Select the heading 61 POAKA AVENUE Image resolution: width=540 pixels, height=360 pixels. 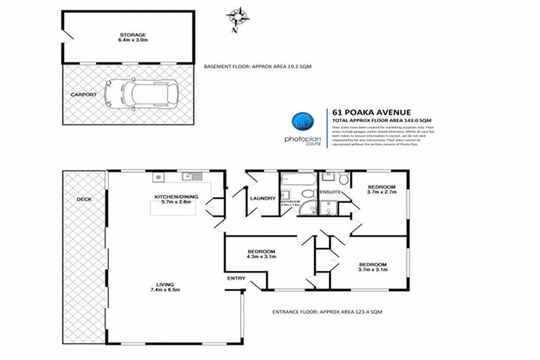click(x=362, y=111)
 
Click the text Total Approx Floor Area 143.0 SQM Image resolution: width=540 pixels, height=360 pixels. click(x=380, y=120)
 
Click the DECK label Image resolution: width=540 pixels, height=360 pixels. click(x=83, y=199)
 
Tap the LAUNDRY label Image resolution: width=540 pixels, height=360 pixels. click(x=261, y=198)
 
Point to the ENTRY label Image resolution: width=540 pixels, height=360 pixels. click(x=236, y=279)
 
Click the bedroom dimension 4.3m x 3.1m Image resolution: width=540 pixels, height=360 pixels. click(x=261, y=257)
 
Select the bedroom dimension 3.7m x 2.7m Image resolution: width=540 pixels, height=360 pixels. click(x=381, y=191)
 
